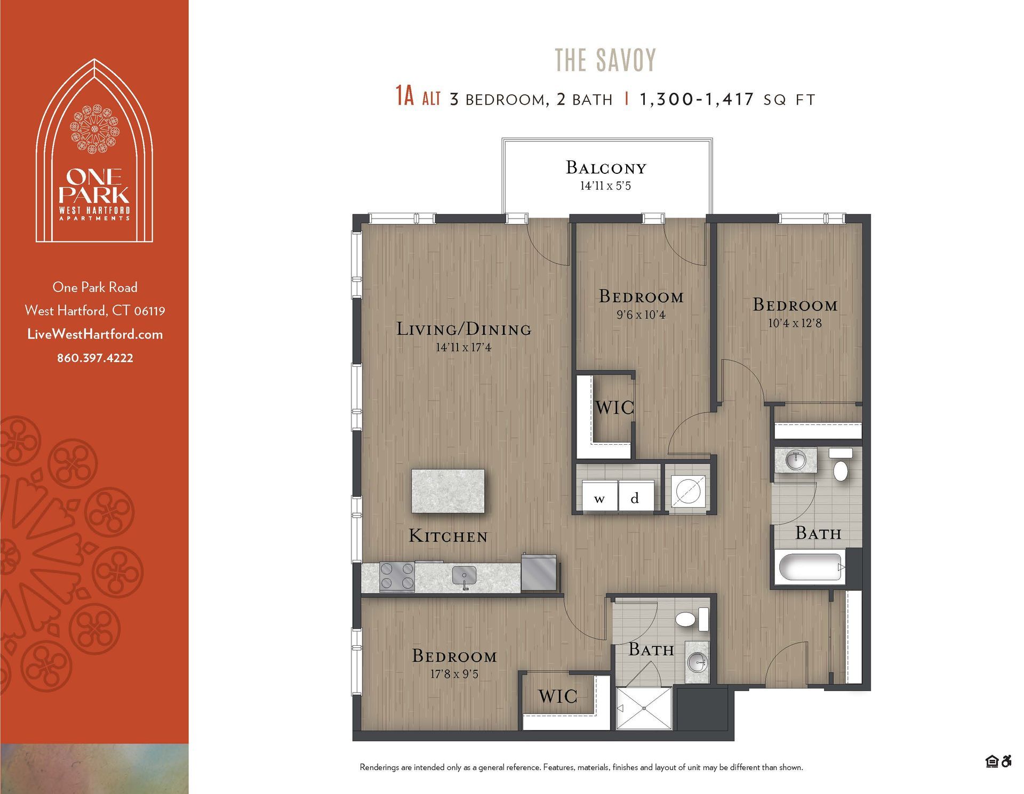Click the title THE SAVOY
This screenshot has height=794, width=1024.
pos(605,60)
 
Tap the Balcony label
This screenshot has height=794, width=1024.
pos(606,168)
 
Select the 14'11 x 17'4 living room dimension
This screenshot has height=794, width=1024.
pos(463,348)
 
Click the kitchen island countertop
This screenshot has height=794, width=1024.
pos(447,491)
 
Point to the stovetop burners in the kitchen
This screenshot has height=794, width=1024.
pos(397,576)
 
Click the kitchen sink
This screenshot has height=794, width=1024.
pos(465,576)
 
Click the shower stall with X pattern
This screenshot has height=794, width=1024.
pos(644,708)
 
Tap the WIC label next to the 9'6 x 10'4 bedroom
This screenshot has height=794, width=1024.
pos(614,408)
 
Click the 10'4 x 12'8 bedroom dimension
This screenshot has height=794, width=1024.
pos(795,323)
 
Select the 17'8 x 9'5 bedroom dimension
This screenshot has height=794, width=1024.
pos(454,675)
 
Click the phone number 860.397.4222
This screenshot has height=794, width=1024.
pos(95,358)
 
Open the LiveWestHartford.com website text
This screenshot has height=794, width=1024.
pos(95,334)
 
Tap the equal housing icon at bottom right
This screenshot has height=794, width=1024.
pos(991,761)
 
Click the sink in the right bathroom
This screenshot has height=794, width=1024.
pos(796,460)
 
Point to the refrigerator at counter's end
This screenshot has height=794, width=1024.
pos(538,573)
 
